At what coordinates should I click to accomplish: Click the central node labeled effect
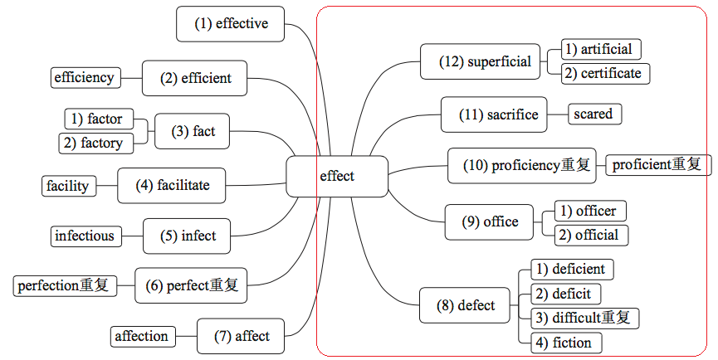(337, 176)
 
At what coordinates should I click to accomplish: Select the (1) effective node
(231, 23)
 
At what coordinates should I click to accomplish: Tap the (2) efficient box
(195, 79)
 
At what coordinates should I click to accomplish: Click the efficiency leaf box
(84, 78)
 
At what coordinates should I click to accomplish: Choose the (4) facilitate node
(173, 185)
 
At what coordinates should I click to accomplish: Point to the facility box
(69, 186)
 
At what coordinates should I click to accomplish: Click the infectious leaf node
(85, 236)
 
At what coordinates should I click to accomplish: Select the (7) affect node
(241, 336)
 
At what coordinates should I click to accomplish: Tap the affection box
(142, 336)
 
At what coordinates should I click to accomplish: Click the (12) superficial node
(485, 61)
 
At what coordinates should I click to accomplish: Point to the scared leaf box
(593, 114)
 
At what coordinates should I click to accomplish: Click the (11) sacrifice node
(499, 114)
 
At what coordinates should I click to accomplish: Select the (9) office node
(490, 221)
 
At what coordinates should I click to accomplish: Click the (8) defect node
(466, 306)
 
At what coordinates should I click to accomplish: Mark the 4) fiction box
(566, 343)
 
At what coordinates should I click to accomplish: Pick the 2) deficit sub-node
(565, 294)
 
